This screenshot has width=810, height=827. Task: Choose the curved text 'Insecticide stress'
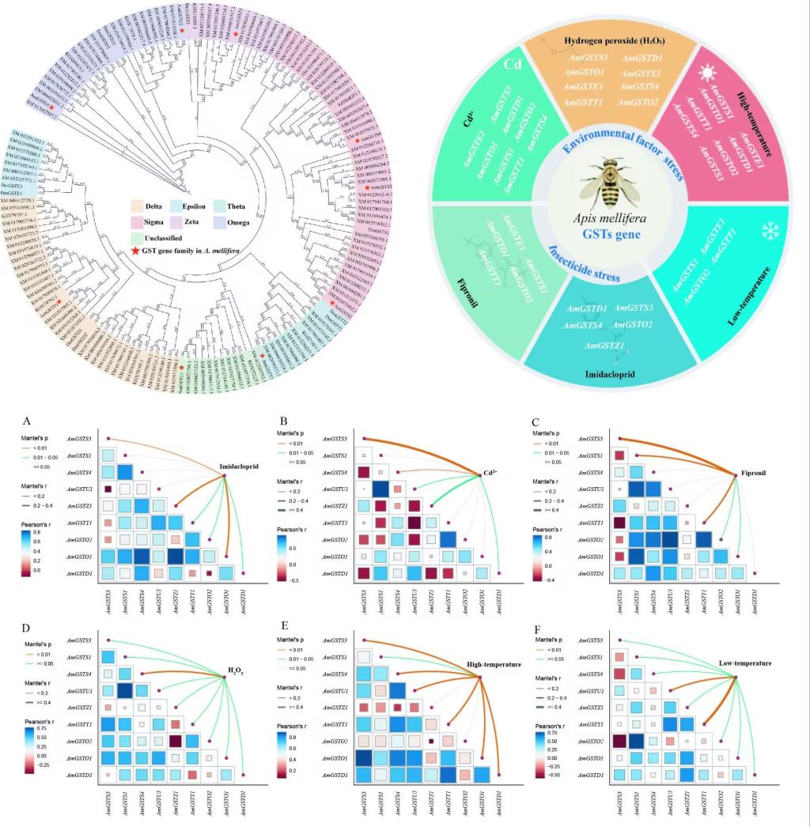(585, 262)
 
